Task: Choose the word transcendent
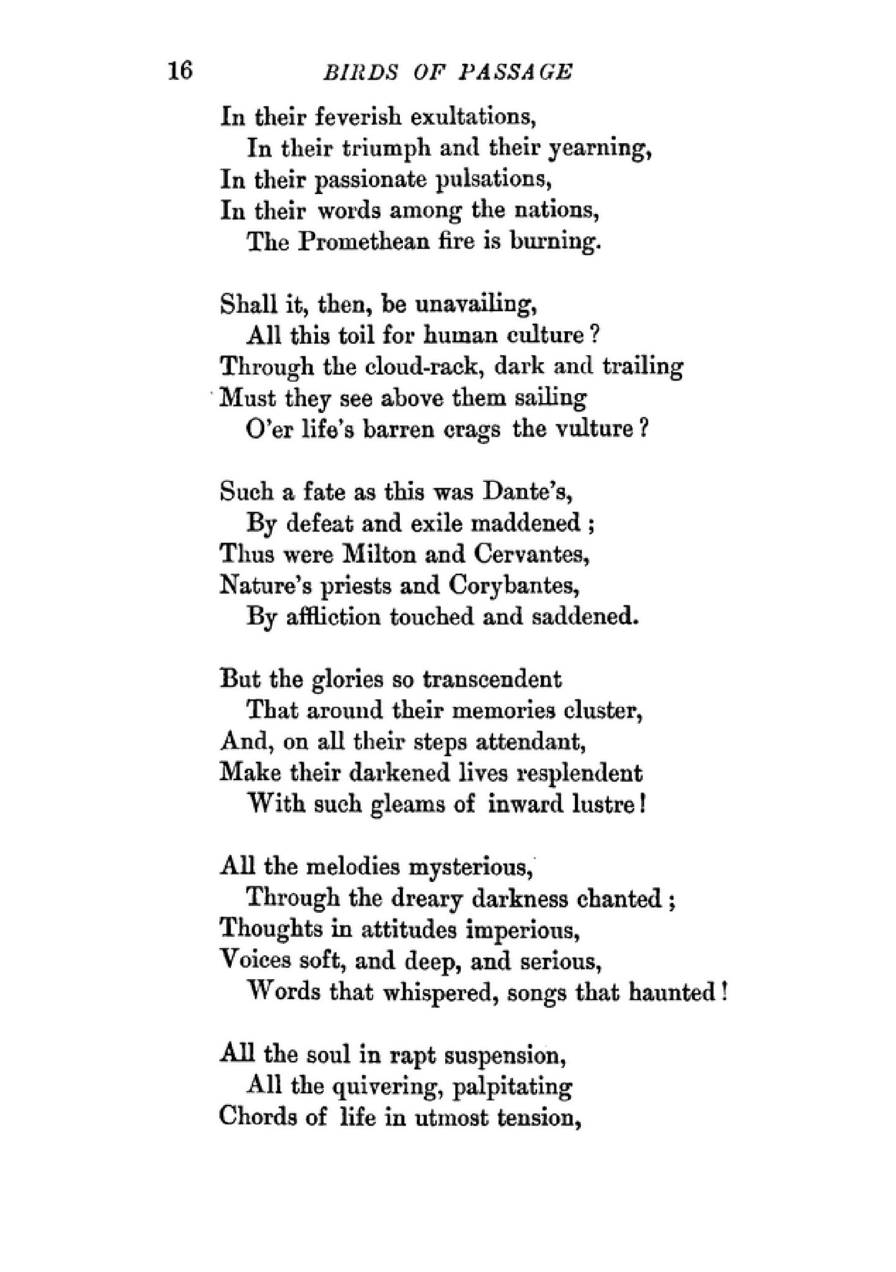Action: pos(492,679)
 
